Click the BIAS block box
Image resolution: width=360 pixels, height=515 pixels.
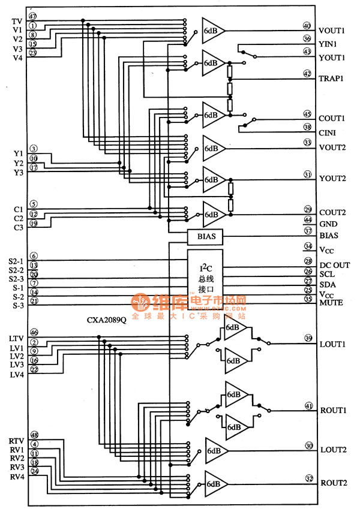[205, 237]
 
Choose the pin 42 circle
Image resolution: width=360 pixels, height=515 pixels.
[307, 74]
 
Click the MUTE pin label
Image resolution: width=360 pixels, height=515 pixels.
[331, 303]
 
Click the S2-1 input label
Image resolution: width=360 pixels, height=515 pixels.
[16, 261]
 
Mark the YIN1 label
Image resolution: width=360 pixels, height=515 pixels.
[328, 44]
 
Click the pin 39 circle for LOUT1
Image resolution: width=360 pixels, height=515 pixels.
[307, 338]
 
